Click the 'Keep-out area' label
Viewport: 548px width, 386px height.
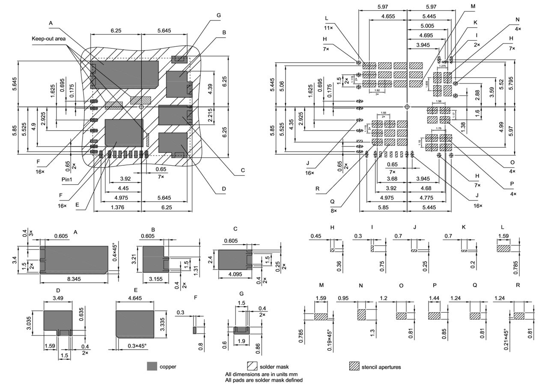[48, 39]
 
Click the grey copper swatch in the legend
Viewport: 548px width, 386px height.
[152, 366]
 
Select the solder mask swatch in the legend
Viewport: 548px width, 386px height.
[252, 366]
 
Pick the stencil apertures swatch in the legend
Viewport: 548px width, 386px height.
[354, 366]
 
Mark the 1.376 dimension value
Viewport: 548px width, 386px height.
[117, 207]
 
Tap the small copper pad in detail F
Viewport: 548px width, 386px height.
[194, 330]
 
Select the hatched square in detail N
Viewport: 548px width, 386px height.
[362, 314]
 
